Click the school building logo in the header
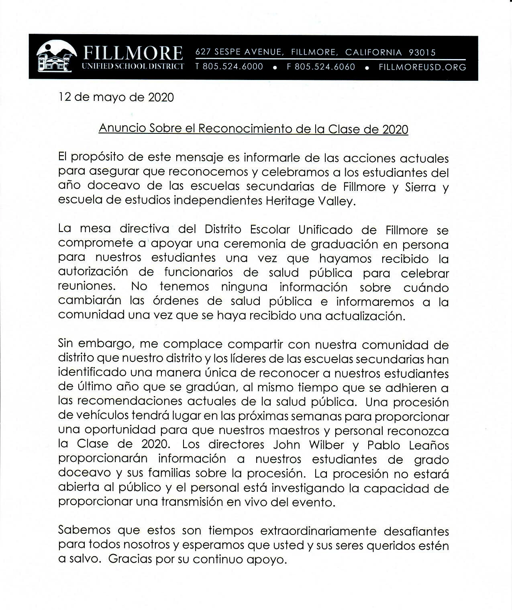(x=55, y=57)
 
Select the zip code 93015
(x=422, y=52)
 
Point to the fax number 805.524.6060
(x=324, y=67)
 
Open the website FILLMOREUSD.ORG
(x=422, y=67)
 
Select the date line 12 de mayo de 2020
(x=116, y=98)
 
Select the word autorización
(x=93, y=272)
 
